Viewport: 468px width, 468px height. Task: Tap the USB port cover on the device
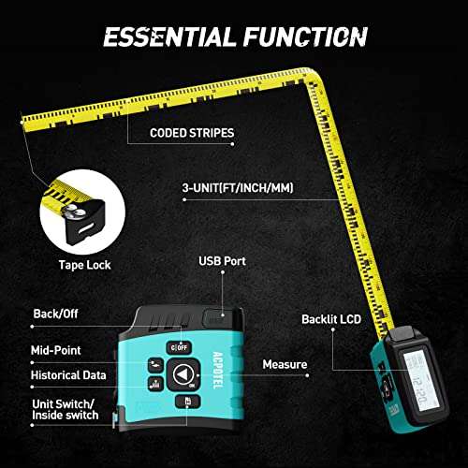click(218, 319)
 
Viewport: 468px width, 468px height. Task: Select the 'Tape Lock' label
click(85, 265)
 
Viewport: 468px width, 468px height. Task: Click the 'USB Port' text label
click(221, 261)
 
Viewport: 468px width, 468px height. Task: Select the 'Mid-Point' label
click(59, 350)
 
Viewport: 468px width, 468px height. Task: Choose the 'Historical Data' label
click(69, 374)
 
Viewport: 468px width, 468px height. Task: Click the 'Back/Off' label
click(56, 314)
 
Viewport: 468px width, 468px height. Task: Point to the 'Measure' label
click(285, 364)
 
